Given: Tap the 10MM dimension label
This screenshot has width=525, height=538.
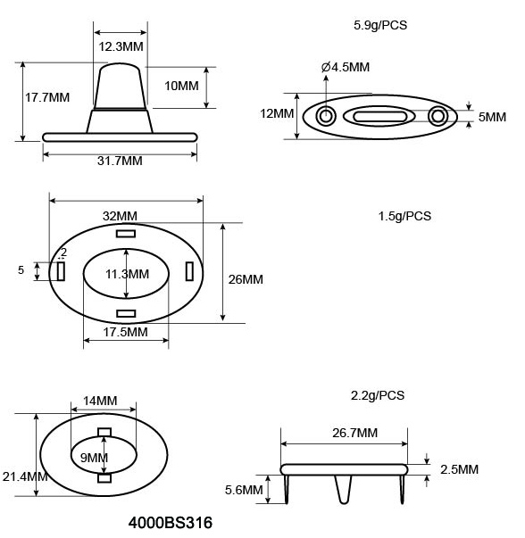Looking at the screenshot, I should point(182,86).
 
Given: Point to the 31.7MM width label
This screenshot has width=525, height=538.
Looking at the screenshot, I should point(119,161).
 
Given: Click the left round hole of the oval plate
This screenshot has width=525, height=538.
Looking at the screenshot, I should point(326,116).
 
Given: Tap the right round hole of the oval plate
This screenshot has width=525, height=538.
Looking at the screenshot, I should point(437,116).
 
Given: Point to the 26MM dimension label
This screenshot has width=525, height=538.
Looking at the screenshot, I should point(246,279).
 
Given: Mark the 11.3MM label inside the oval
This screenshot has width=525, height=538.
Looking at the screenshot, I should point(126,273).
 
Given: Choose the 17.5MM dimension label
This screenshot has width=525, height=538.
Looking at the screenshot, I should point(126,332).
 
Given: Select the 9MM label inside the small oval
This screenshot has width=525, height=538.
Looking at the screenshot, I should point(94,458).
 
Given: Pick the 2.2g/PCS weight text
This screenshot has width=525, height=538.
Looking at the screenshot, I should point(379,394).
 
